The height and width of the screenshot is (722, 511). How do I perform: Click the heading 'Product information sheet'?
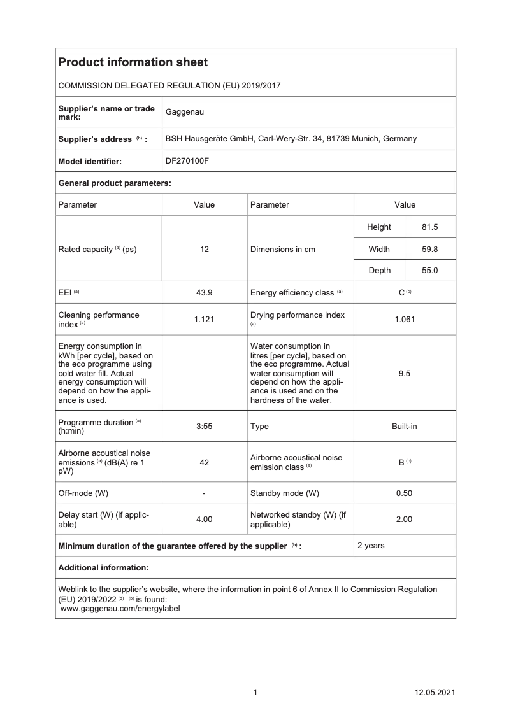click(x=133, y=62)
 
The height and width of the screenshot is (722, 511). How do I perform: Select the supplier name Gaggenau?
click(x=184, y=113)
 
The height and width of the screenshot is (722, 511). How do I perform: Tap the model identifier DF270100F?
click(x=187, y=161)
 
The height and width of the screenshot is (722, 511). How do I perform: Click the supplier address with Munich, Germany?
click(x=291, y=138)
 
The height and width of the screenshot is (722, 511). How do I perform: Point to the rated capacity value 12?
click(x=205, y=250)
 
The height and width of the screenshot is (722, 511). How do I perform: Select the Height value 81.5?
click(x=430, y=227)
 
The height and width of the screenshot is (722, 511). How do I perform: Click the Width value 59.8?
click(x=430, y=250)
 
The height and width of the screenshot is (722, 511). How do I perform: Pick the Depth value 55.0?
click(x=430, y=271)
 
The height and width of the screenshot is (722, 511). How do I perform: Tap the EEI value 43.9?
click(x=205, y=293)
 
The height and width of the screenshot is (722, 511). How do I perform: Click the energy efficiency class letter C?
click(x=402, y=293)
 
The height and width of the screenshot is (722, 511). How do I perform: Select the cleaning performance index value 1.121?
click(x=205, y=320)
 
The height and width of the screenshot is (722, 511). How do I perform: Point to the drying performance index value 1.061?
click(x=404, y=320)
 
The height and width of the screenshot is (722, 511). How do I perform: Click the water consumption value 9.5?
click(x=404, y=374)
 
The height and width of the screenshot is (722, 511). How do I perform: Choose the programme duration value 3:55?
click(x=205, y=427)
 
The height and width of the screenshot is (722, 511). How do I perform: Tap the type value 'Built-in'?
click(x=404, y=427)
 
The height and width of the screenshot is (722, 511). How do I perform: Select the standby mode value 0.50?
click(x=404, y=493)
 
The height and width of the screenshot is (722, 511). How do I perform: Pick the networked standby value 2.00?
click(x=404, y=520)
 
